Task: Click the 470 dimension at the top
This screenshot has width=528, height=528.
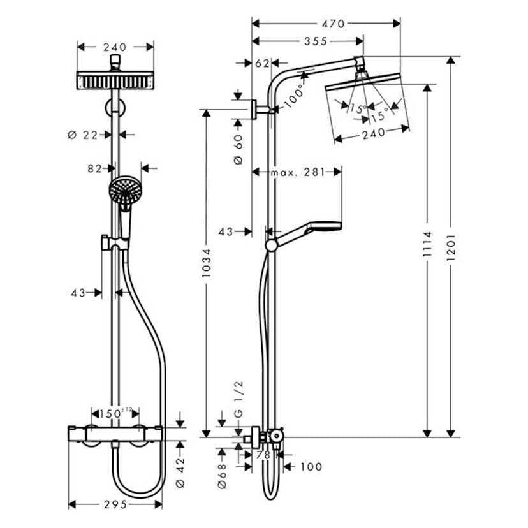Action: [333, 24]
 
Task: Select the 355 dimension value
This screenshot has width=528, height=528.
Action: [315, 41]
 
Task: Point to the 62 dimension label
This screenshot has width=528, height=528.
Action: [262, 62]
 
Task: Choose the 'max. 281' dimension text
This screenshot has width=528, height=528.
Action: [297, 172]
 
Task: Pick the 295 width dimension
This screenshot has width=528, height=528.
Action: [115, 504]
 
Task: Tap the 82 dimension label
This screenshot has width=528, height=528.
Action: [95, 168]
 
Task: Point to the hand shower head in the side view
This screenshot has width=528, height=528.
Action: [325, 226]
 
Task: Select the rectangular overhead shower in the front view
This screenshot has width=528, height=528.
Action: [115, 81]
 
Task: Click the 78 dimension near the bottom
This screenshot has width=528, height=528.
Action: [263, 455]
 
